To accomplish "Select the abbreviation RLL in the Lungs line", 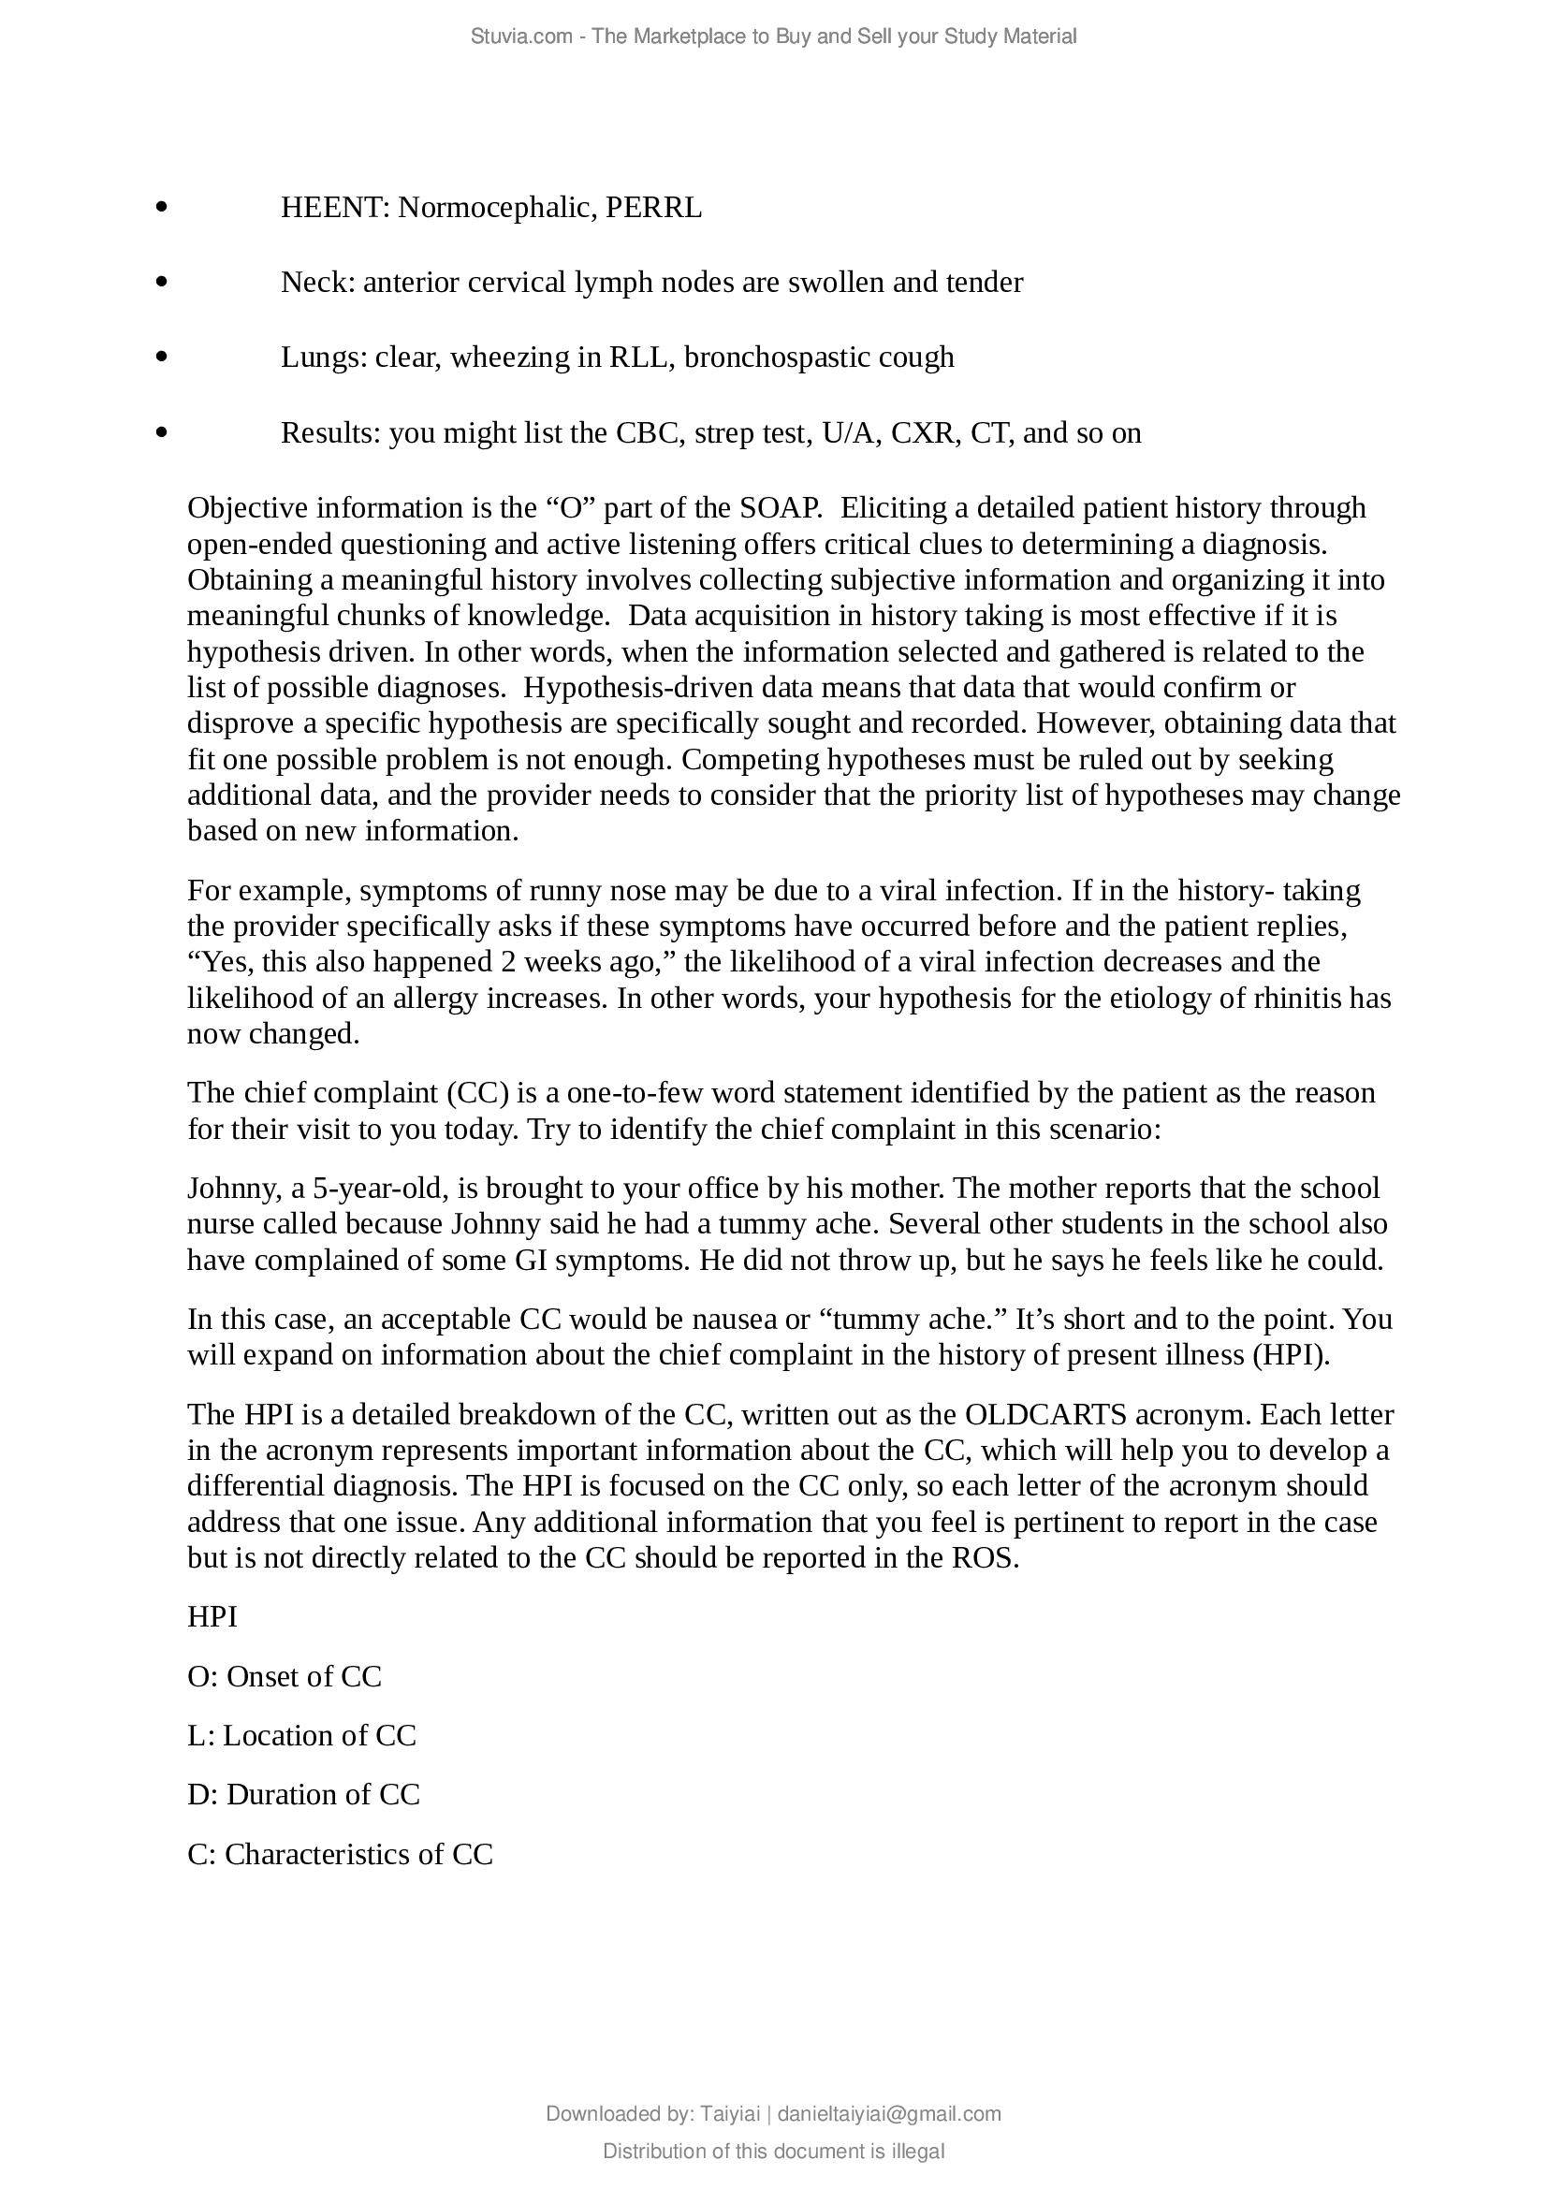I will click(x=637, y=358).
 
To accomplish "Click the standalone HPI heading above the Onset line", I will click(x=212, y=1617).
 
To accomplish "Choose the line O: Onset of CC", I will click(x=285, y=1676).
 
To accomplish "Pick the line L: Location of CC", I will click(x=301, y=1735).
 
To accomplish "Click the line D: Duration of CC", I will click(x=303, y=1794).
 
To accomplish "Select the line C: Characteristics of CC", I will click(x=340, y=1853).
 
